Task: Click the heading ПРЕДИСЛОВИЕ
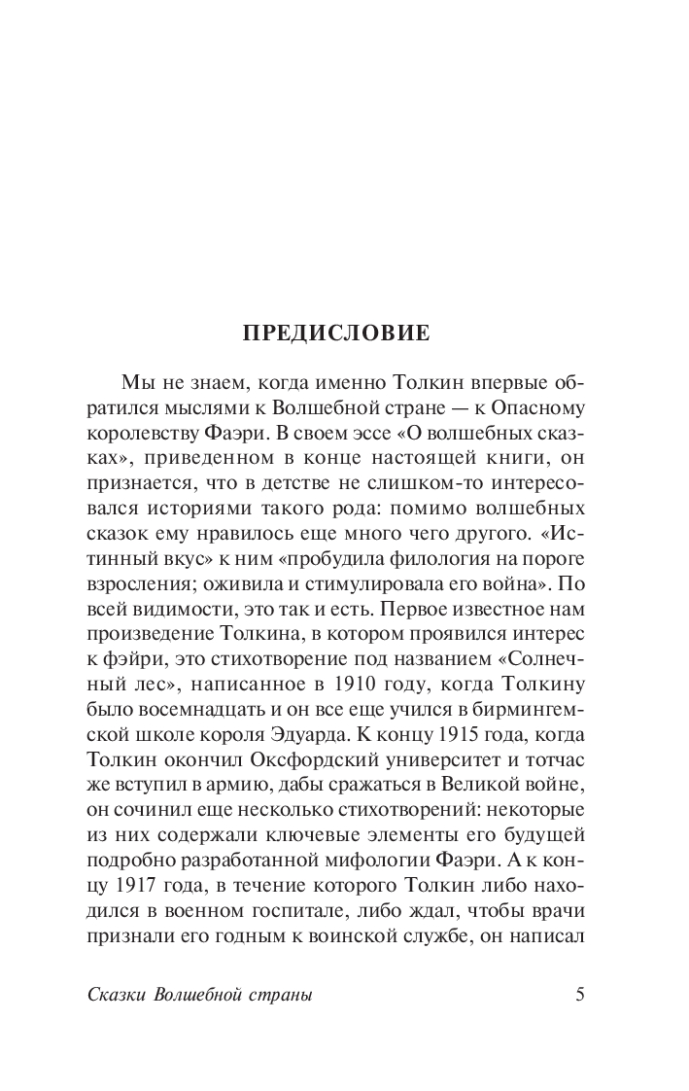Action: tap(336, 333)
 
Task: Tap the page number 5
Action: tap(580, 994)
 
